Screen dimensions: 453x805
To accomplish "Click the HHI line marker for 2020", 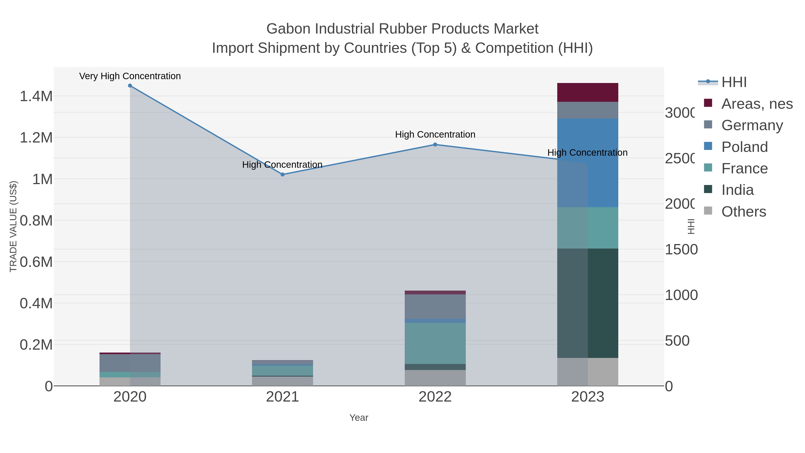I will (130, 86).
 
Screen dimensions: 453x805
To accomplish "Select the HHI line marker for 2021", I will (282, 174).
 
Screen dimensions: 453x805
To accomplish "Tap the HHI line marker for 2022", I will (435, 145).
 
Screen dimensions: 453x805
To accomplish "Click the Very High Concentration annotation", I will (130, 76).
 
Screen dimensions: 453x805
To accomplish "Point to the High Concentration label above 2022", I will (435, 135).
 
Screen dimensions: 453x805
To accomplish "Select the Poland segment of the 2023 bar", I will (587, 163).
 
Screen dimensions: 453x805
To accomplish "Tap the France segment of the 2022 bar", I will (435, 343).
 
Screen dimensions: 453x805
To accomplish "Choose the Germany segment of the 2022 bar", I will (435, 306).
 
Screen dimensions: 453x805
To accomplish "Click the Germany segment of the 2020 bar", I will (130, 363).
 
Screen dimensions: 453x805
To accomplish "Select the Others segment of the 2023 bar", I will (587, 372).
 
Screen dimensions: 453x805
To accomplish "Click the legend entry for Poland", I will (744, 147).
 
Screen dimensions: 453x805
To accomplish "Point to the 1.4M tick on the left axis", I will (36, 96).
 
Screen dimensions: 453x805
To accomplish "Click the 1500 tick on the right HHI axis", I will (681, 249).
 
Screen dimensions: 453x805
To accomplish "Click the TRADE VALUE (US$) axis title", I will (13, 226).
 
